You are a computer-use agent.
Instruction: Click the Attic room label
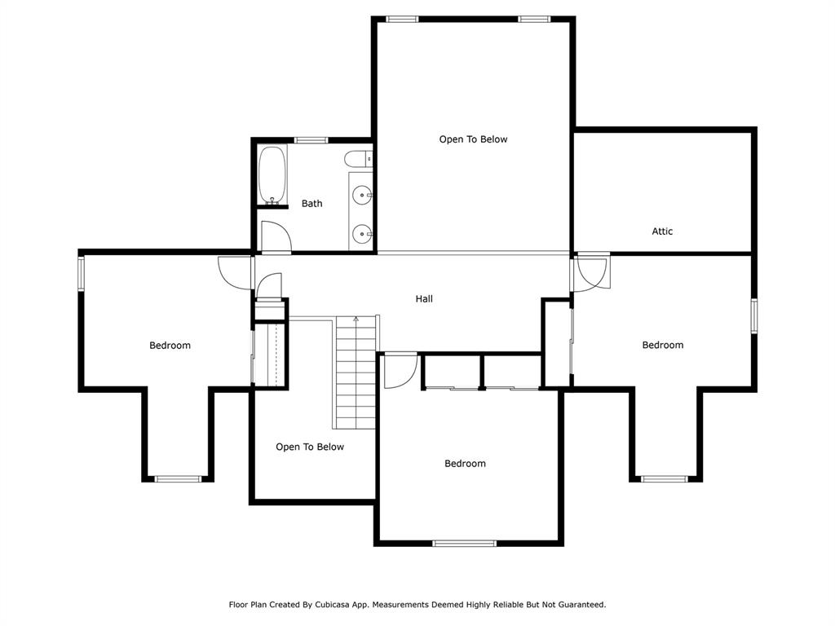(x=662, y=231)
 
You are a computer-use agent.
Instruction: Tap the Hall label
(x=424, y=299)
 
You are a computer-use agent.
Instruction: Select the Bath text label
(x=311, y=204)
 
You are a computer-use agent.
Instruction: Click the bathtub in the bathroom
(x=272, y=175)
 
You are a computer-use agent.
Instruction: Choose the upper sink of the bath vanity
(x=362, y=195)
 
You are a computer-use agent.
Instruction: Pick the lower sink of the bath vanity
(x=362, y=235)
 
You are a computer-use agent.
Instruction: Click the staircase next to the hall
(x=356, y=371)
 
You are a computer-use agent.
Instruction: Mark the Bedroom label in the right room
(x=662, y=346)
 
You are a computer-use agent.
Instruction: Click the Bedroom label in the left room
(x=170, y=346)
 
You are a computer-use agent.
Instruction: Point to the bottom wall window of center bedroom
(x=464, y=543)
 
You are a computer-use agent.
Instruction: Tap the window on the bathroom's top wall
(x=311, y=140)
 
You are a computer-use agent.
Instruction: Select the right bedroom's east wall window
(x=754, y=316)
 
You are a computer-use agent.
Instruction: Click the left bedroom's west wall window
(x=81, y=273)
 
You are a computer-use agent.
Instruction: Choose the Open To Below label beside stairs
(x=310, y=447)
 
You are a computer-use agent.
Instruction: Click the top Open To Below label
(x=473, y=139)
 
